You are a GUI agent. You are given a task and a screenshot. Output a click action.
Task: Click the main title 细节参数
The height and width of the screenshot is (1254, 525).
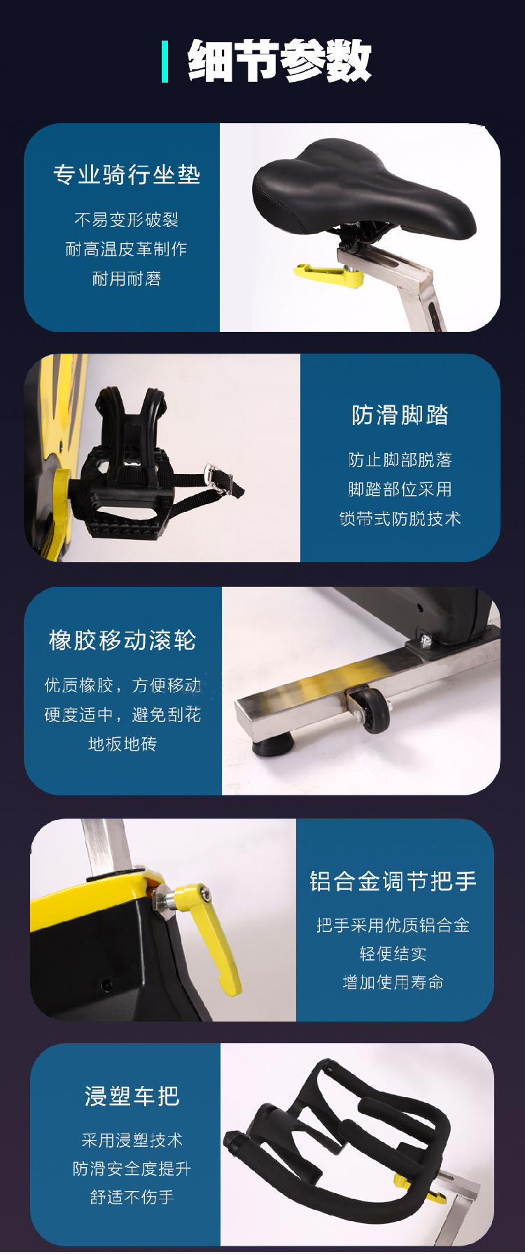pyautogui.click(x=279, y=61)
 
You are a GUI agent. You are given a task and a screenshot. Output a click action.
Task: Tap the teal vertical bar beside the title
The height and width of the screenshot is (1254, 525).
pyautogui.click(x=165, y=62)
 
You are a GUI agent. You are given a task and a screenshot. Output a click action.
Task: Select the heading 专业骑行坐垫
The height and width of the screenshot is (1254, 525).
pyautogui.click(x=127, y=174)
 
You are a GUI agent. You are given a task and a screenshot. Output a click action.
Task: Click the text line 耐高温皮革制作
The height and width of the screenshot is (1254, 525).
pyautogui.click(x=126, y=249)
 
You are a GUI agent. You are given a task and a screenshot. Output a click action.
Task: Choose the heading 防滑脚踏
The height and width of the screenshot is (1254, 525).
pyautogui.click(x=400, y=415)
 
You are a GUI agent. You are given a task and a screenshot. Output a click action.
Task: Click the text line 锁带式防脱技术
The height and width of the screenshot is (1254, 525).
pyautogui.click(x=400, y=519)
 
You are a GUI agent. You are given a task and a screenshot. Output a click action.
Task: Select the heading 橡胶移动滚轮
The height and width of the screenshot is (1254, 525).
pyautogui.click(x=122, y=641)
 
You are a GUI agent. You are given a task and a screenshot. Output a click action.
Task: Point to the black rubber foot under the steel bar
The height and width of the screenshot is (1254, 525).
pyautogui.click(x=271, y=746)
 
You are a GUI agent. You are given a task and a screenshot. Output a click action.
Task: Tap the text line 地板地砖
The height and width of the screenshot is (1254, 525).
pyautogui.click(x=122, y=744)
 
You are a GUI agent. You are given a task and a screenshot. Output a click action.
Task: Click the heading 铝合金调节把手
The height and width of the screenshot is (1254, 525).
pyautogui.click(x=393, y=881)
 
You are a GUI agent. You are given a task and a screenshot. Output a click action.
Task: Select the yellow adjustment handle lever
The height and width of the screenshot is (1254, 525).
pyautogui.click(x=209, y=935)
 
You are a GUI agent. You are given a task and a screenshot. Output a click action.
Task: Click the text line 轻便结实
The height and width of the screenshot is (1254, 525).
pyautogui.click(x=393, y=954)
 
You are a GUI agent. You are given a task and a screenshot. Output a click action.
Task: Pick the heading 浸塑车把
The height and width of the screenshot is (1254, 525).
pyautogui.click(x=132, y=1096)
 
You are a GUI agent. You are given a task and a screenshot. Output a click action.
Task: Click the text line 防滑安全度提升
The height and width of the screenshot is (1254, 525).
pyautogui.click(x=132, y=1169)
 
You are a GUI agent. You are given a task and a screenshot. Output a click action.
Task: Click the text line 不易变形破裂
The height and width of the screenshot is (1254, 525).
pyautogui.click(x=127, y=220)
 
